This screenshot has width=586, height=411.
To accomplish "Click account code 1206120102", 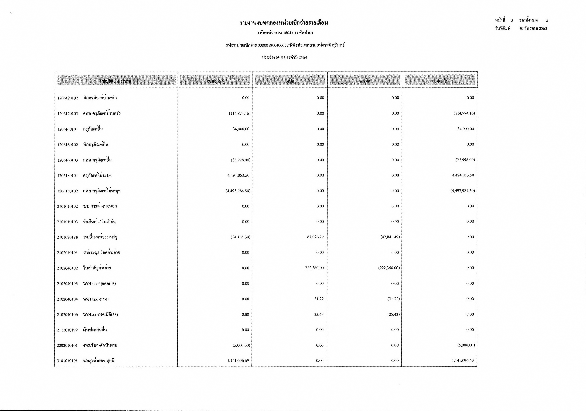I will pyautogui.click(x=68, y=98).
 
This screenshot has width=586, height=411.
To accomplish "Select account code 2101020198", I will pyautogui.click(x=67, y=237).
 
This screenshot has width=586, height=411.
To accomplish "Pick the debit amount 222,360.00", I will pyautogui.click(x=314, y=268).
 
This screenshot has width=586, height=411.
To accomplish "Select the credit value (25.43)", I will pyautogui.click(x=393, y=314).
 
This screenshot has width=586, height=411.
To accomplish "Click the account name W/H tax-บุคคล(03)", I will pyautogui.click(x=99, y=284).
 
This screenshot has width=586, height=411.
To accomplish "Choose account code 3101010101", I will pyautogui.click(x=67, y=361).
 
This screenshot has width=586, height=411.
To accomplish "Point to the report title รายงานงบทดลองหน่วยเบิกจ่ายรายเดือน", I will pyautogui.click(x=284, y=23).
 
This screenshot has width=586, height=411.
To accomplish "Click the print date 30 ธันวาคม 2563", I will pyautogui.click(x=533, y=29).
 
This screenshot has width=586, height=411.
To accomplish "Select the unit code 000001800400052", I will pyautogui.click(x=273, y=45).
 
